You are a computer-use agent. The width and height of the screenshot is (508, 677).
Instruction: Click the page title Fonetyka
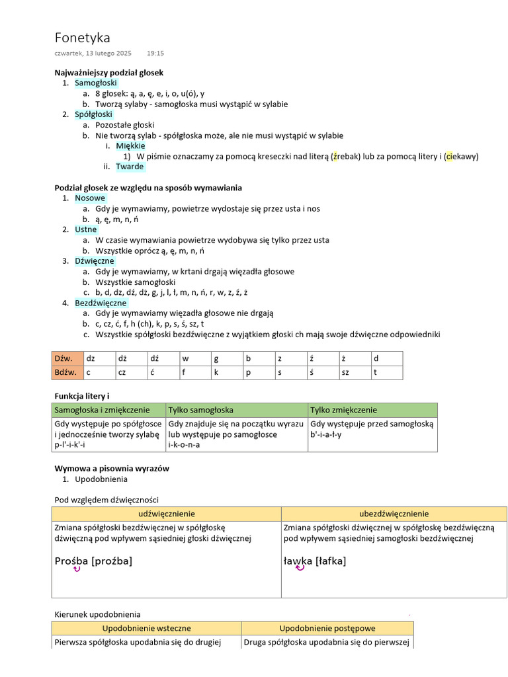[x=82, y=38]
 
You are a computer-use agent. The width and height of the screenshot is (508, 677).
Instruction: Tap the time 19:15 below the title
[x=155, y=53]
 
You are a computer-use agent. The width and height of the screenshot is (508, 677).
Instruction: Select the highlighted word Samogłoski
[x=95, y=83]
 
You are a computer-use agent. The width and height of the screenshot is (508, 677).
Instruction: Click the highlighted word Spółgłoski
[x=93, y=114]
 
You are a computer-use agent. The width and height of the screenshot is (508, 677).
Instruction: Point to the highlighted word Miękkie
[x=130, y=145]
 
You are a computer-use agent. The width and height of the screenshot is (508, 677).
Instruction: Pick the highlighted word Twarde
[x=130, y=167]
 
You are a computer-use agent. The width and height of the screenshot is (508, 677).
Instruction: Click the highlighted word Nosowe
[x=89, y=198]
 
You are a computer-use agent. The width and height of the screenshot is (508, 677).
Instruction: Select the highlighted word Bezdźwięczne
[x=101, y=303]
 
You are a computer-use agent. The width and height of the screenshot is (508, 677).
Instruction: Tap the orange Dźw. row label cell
[x=67, y=358]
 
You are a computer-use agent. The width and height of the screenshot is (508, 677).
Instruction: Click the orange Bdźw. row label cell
[x=67, y=373]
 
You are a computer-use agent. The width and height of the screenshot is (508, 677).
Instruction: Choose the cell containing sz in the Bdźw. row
[x=354, y=373]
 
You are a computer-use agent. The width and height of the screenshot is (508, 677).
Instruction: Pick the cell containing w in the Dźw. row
[x=195, y=358]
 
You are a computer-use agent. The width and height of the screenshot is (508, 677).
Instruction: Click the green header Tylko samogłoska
[x=201, y=410]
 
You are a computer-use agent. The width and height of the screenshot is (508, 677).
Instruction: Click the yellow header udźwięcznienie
[x=167, y=514]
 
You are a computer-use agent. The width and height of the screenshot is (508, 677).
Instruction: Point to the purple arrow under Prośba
[x=77, y=569]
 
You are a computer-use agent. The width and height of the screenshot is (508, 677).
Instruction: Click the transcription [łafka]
[x=331, y=561]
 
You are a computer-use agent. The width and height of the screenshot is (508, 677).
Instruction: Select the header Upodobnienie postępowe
[x=327, y=628]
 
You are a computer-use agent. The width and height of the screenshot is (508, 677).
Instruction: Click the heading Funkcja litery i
[x=81, y=395]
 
